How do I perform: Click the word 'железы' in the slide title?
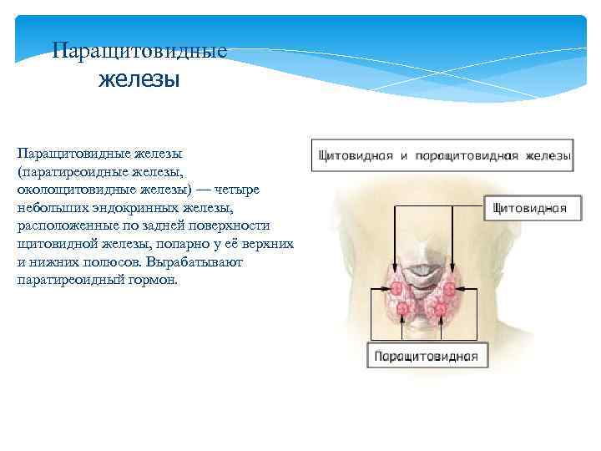[139, 80]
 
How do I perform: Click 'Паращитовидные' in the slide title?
[139, 51]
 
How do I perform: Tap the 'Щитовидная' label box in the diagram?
[531, 208]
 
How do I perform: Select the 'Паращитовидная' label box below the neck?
[426, 356]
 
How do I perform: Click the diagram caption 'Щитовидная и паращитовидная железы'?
[442, 155]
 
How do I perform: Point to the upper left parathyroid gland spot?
[394, 288]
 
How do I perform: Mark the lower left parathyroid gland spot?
[402, 310]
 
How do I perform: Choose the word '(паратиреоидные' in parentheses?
[66, 171]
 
